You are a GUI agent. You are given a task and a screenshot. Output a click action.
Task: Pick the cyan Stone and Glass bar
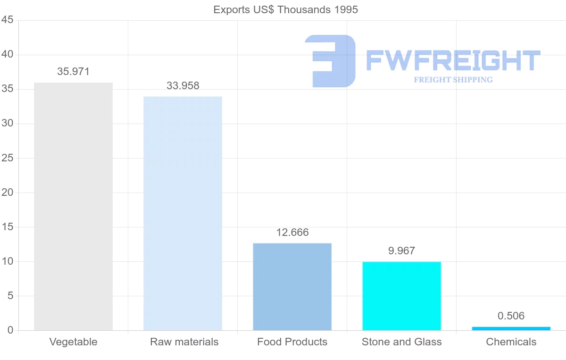[x=401, y=296]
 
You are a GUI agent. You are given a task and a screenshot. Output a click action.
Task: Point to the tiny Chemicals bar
[x=511, y=328]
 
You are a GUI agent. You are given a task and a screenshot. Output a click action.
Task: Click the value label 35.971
[x=73, y=72]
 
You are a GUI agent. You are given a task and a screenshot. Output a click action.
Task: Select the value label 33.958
[x=183, y=86]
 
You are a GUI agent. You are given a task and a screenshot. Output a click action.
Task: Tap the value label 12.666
[x=292, y=233]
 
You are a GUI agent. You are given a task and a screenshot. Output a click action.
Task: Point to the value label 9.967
[x=401, y=251]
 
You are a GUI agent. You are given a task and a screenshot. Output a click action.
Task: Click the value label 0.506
[x=511, y=316]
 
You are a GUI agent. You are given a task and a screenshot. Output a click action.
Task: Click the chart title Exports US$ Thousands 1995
[x=285, y=9]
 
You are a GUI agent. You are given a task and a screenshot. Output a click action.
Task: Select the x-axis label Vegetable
[x=73, y=342]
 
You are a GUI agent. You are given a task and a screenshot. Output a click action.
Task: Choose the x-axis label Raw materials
[x=184, y=342]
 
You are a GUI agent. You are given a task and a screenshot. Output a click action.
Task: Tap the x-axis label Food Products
[x=292, y=342]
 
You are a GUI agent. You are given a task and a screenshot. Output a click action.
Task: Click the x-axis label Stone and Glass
[x=401, y=342]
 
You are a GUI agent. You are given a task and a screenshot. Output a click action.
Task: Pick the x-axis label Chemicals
[x=511, y=342]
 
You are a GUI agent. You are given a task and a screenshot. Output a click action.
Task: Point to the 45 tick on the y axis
[x=7, y=20]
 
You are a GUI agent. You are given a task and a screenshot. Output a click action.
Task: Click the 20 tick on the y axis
[x=7, y=193]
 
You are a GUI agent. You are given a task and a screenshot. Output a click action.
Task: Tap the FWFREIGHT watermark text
[x=453, y=60]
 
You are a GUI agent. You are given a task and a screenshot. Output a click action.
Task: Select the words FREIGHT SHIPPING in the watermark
[x=453, y=80]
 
